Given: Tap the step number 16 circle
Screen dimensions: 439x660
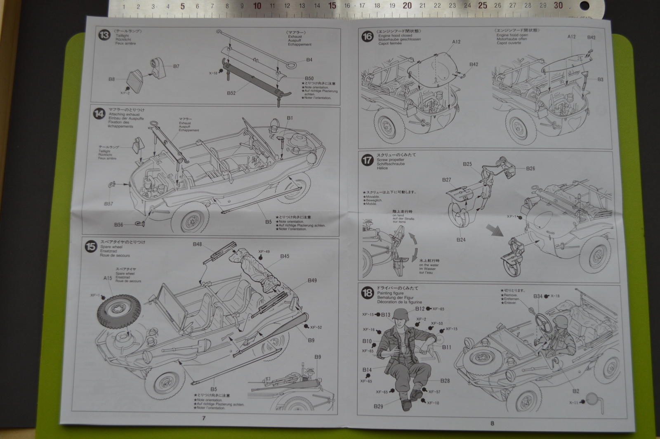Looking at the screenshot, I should [367, 36].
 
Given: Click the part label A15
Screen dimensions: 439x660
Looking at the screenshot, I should [108, 278].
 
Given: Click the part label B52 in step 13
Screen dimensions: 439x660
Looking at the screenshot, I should [231, 93].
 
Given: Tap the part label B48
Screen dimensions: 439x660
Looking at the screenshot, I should [197, 244].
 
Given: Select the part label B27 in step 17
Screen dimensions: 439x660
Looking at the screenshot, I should [447, 179].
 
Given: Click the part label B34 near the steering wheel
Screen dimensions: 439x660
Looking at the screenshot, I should [538, 296].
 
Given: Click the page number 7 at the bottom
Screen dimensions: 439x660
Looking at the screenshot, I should [204, 418].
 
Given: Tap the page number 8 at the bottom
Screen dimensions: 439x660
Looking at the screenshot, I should [492, 422].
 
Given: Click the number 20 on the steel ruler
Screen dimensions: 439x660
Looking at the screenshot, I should [407, 5].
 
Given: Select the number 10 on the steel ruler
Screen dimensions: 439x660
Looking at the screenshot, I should [257, 6].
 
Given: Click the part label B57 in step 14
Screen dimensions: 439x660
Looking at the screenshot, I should [108, 204].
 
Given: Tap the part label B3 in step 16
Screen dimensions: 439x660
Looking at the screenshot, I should [600, 79].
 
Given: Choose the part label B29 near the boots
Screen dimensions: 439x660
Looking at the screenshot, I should [378, 406].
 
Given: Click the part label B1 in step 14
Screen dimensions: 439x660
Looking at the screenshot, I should [290, 118].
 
